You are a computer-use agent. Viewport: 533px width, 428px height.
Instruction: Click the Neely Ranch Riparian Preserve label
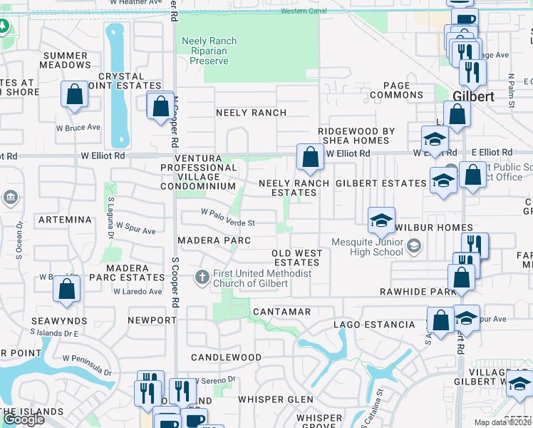click(x=209, y=51)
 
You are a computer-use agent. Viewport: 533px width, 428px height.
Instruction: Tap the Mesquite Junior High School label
click(x=368, y=247)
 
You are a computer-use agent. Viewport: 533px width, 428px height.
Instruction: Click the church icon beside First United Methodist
click(x=202, y=276)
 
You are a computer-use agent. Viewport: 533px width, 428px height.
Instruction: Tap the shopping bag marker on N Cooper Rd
click(x=161, y=106)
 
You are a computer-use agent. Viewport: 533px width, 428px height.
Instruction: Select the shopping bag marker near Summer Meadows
click(x=74, y=96)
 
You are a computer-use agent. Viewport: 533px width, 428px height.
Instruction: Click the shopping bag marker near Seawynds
click(x=67, y=289)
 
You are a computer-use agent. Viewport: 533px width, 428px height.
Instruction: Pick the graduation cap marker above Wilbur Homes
click(x=381, y=220)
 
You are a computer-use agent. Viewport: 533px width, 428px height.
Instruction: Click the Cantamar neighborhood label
click(x=281, y=312)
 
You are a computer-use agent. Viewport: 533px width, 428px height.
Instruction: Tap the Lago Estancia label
click(x=374, y=325)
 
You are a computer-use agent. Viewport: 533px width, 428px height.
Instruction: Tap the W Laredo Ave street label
click(x=137, y=291)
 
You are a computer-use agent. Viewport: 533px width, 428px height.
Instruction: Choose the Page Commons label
click(x=397, y=90)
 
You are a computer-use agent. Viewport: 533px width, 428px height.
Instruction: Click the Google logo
click(x=23, y=419)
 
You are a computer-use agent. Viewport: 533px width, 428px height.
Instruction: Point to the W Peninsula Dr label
click(x=88, y=365)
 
